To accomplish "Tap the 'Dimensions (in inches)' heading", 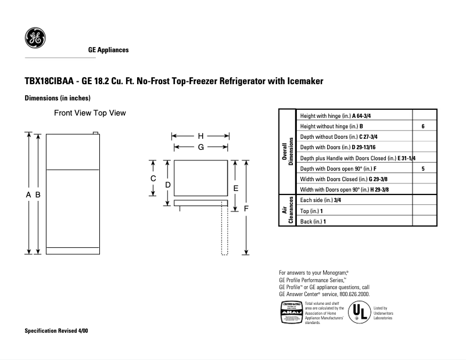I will [x=58, y=98].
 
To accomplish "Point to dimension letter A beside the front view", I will [x=28, y=196].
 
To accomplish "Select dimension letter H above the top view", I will [x=200, y=136].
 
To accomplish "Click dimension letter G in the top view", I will [x=200, y=147].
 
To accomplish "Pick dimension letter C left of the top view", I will [x=153, y=178].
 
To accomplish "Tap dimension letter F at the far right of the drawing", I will [x=246, y=208].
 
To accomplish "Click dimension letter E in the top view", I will [x=235, y=188].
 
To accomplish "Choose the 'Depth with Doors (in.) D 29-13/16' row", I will [x=337, y=147].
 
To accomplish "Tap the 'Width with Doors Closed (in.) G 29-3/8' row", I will [x=338, y=179].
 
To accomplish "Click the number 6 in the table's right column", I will [x=423, y=126].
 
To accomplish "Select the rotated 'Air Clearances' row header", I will [x=287, y=210].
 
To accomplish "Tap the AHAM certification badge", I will [x=291, y=313].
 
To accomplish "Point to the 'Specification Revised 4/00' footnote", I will [x=56, y=330].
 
